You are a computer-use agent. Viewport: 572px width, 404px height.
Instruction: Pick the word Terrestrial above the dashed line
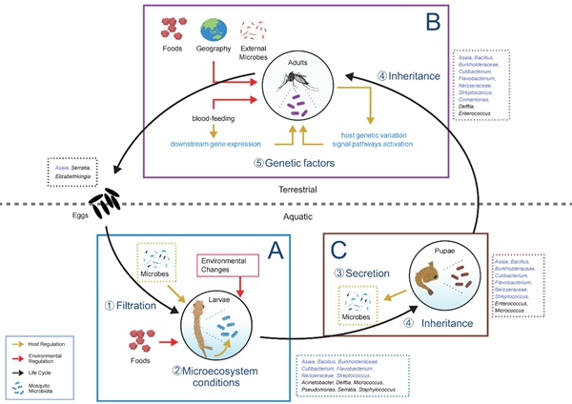coord(285,191)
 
